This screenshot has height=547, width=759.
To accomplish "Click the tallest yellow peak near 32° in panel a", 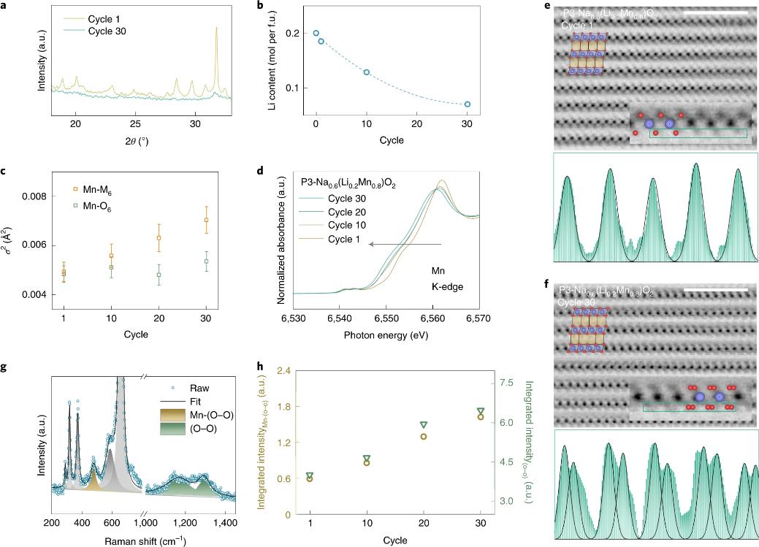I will (x=216, y=29).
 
